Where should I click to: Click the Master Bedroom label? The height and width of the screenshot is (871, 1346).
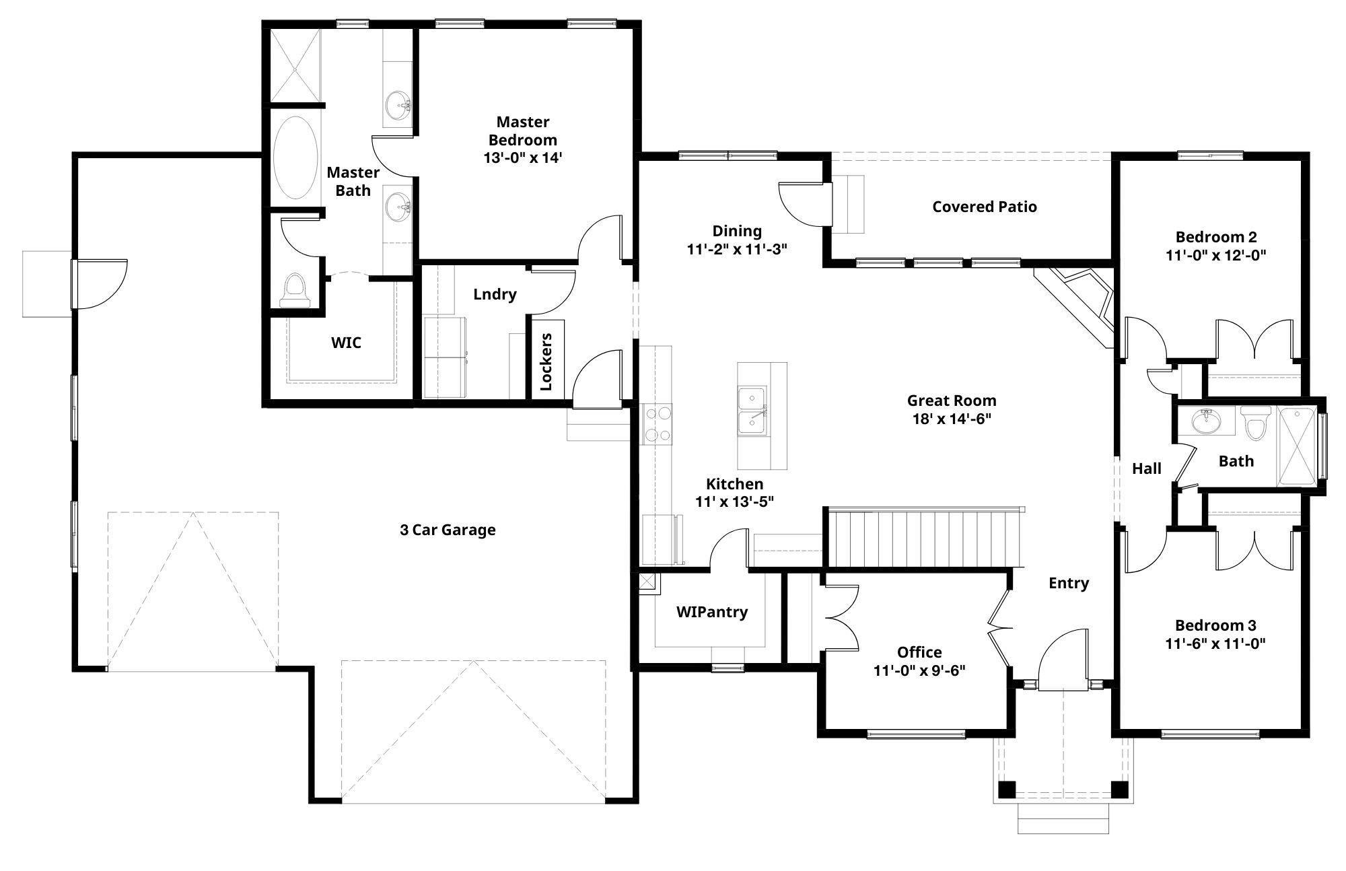[x=523, y=131]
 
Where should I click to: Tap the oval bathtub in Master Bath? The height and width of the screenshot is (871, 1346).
[x=295, y=158]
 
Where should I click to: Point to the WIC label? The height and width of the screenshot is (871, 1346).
[x=346, y=343]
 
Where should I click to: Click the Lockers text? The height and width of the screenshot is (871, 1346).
[x=546, y=361]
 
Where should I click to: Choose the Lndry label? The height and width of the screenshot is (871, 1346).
[x=495, y=294]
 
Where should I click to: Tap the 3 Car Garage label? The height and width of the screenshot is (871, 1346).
[x=448, y=530]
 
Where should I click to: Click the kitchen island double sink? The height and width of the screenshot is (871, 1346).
[x=752, y=410]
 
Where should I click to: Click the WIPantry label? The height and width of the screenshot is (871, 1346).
[x=712, y=612]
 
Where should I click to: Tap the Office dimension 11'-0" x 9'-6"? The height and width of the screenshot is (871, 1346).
[x=919, y=670]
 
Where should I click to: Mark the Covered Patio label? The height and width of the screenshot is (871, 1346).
[x=985, y=207]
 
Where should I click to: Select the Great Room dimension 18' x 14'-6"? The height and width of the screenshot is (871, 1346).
[x=952, y=419]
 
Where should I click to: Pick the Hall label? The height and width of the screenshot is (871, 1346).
[x=1147, y=468]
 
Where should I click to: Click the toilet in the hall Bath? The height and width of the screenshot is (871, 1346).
[x=1255, y=422]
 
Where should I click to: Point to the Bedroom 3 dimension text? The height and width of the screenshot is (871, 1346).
[x=1215, y=643]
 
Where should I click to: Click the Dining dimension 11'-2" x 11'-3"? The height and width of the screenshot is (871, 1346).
[x=737, y=249]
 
